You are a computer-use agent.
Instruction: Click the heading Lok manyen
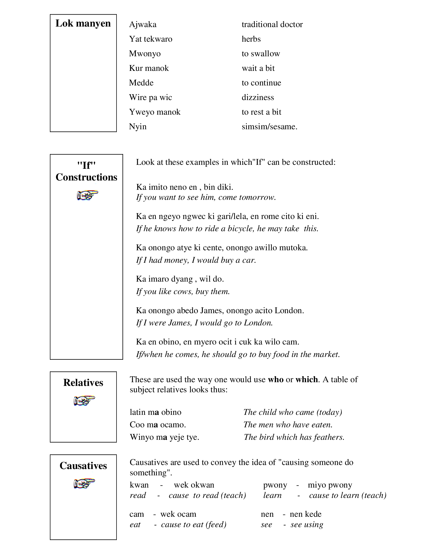click(83, 23)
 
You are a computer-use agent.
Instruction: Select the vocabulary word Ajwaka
click(143, 24)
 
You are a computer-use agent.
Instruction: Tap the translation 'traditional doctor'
click(272, 24)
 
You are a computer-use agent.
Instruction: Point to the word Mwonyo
click(145, 54)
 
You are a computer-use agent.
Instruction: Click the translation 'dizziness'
click(257, 97)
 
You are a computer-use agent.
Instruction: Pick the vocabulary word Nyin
click(137, 127)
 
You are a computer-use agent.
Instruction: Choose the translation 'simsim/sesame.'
click(269, 127)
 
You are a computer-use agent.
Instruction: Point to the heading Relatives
click(83, 383)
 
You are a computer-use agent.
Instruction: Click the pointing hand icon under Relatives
click(84, 401)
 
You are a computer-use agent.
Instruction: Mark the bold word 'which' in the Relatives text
click(307, 380)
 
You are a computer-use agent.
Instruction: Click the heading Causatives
click(83, 466)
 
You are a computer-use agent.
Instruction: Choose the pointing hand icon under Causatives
click(84, 483)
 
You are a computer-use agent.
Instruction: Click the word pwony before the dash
click(275, 485)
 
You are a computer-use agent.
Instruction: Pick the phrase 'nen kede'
click(305, 514)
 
